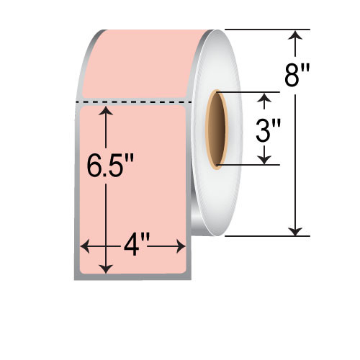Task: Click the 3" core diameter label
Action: click(268, 130)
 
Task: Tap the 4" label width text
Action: click(132, 247)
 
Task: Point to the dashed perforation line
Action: click(134, 103)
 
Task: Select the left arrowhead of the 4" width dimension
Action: click(84, 247)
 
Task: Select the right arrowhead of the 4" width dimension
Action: click(182, 247)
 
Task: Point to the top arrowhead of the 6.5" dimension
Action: click(107, 111)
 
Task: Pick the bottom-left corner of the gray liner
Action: click(76, 278)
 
